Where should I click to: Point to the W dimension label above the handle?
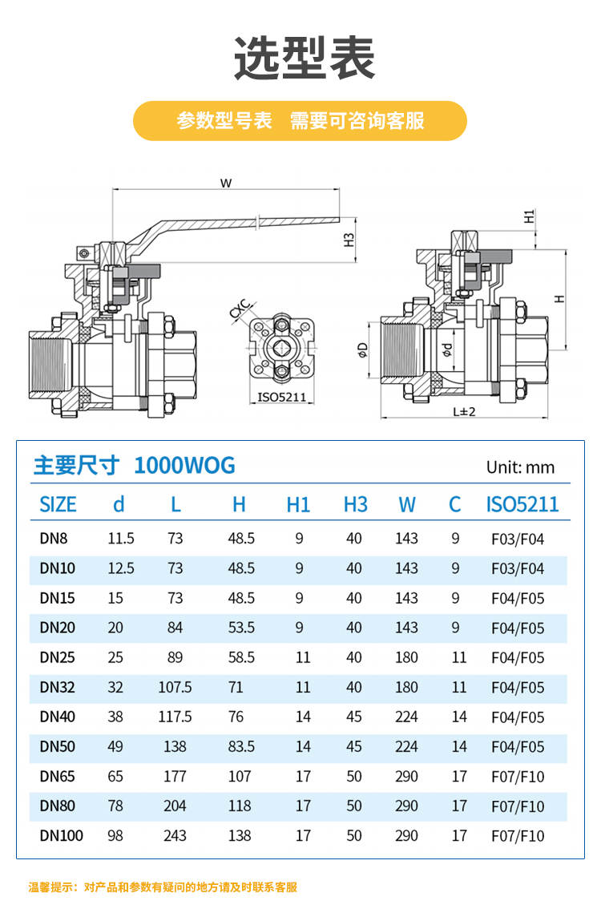click(x=227, y=183)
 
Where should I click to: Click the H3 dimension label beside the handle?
click(x=349, y=240)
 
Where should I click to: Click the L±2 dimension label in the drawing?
click(x=464, y=412)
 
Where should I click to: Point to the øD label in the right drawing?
click(x=363, y=349)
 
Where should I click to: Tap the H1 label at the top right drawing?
click(x=529, y=216)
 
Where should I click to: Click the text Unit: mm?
click(x=520, y=467)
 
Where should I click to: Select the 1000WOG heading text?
click(x=184, y=466)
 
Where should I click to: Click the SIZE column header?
click(x=58, y=504)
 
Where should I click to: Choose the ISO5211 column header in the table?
click(x=522, y=504)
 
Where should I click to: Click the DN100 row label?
click(x=61, y=835)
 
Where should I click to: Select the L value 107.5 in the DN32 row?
click(x=175, y=687)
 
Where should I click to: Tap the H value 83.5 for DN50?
click(x=241, y=746)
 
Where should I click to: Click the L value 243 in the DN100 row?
click(x=175, y=835)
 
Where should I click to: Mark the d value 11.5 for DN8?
click(x=120, y=539)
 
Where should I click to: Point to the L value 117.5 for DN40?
click(x=175, y=717)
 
